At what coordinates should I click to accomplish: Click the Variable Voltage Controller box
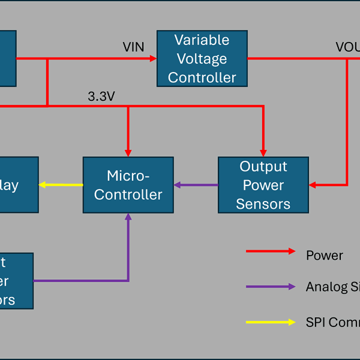[x=202, y=59]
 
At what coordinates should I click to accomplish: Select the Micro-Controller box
[x=128, y=185]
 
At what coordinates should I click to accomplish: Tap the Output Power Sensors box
[x=263, y=185]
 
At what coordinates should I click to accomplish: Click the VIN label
[x=133, y=47]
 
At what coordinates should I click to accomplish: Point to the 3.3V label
[x=101, y=96]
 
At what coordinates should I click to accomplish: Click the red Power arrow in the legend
[x=271, y=251]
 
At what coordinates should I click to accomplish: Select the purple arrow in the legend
[x=271, y=287]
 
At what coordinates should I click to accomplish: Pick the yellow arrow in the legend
[x=271, y=322]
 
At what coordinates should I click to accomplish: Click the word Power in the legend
[x=324, y=256]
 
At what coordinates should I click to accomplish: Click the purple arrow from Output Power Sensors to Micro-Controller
[x=196, y=185]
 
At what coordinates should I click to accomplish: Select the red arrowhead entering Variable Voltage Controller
[x=152, y=59]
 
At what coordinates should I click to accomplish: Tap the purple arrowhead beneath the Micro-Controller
[x=128, y=218]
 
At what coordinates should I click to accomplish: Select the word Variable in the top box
[x=202, y=40]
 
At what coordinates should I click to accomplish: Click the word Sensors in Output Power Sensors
[x=263, y=204]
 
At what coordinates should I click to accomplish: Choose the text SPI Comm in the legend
[x=332, y=322]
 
